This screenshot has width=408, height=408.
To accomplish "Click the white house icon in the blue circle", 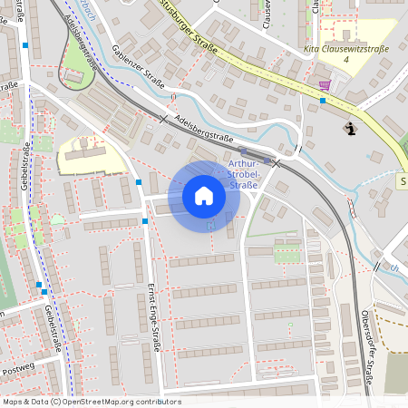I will (204, 196).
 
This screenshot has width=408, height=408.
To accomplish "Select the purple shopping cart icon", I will (325, 85).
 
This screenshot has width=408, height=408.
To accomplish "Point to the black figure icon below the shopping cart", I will (351, 130).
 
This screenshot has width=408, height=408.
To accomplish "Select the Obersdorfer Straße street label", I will (368, 348).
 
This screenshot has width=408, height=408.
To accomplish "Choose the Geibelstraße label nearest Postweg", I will (52, 330).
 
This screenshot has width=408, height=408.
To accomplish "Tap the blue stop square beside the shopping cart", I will (323, 101).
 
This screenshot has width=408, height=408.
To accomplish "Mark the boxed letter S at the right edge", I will (403, 181).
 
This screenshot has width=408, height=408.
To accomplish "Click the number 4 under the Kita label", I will (346, 59).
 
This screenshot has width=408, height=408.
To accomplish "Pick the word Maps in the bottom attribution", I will (12, 402).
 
